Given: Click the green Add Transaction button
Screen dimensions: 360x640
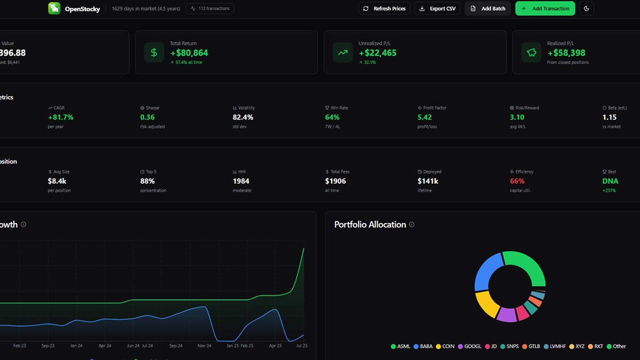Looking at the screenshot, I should tap(545, 9).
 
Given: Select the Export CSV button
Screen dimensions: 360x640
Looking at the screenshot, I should tap(437, 9).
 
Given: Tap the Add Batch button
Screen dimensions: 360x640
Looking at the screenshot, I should tap(487, 9).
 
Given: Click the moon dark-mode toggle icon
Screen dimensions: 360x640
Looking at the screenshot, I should tap(587, 9).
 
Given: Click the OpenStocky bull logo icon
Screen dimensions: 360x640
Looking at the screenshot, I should tap(54, 9).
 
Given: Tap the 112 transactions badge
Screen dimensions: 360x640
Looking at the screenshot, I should tap(210, 9).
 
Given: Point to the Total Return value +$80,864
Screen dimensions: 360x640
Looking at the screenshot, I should tap(189, 53).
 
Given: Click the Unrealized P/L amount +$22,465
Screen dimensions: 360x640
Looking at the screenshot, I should tap(378, 53).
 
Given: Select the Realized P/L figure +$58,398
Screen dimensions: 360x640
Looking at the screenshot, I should tap(566, 53).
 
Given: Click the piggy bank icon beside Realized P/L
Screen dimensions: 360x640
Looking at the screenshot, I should tap(531, 52).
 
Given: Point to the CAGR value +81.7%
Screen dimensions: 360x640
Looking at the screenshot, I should tap(61, 117).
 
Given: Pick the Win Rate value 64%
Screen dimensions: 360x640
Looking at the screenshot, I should tap(332, 117).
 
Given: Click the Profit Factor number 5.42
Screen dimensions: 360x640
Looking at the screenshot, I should tap(425, 117).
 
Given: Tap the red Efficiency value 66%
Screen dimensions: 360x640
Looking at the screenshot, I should tap(517, 181).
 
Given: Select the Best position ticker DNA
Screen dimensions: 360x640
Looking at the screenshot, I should tap(610, 181).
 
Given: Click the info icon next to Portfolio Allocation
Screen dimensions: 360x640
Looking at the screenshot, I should tap(411, 225).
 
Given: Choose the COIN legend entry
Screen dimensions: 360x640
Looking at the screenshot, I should tap(445, 346).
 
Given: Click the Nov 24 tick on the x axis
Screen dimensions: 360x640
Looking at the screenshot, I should tap(204, 346).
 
